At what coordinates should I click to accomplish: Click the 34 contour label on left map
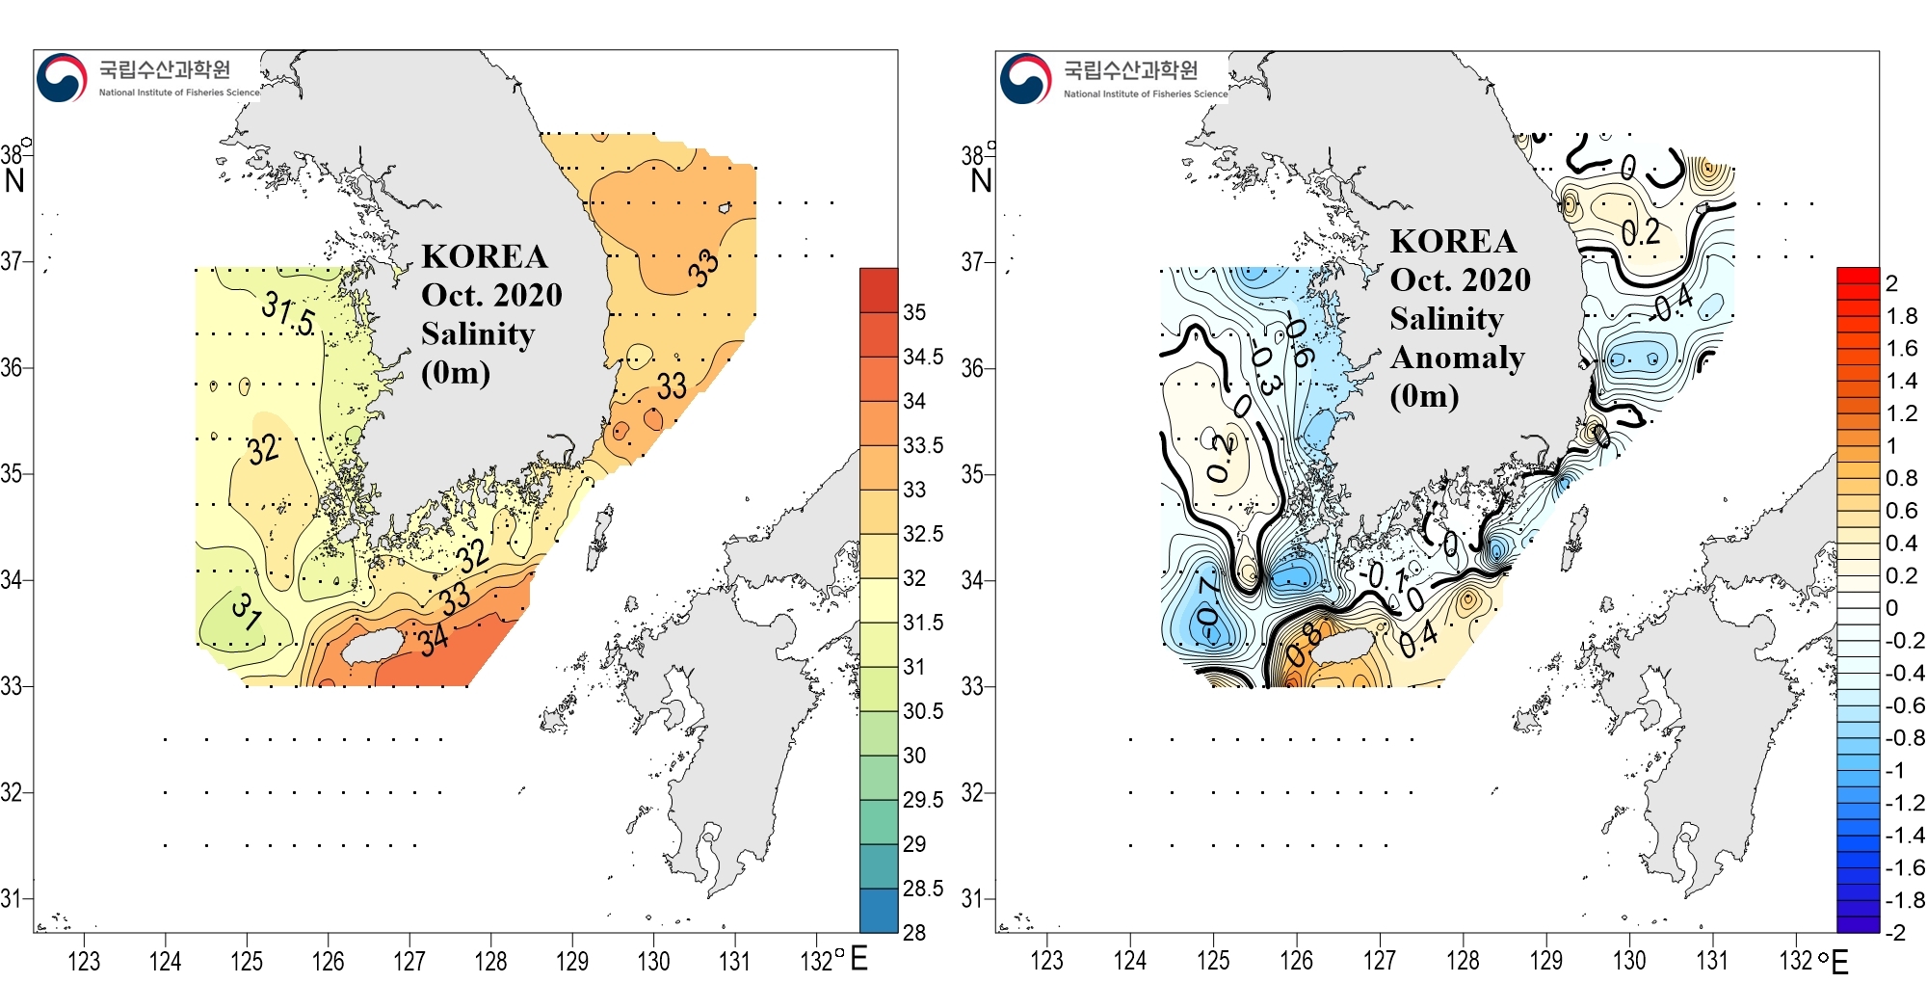coord(434,638)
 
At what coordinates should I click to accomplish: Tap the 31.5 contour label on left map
coord(288,314)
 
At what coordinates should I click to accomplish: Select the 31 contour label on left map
coord(247,611)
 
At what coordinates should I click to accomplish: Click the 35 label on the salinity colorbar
coord(914,312)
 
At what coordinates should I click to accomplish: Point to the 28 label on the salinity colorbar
coord(913,932)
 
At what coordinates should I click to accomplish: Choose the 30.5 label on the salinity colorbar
coord(922,711)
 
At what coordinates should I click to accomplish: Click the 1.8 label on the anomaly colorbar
coord(1901,316)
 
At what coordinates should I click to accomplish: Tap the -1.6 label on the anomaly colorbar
coord(1904,867)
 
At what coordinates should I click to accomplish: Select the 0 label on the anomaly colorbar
coord(1891,608)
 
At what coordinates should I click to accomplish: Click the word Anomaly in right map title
coord(1457,358)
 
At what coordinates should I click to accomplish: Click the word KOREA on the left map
coord(484,256)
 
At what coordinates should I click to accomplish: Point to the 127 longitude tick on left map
coord(409,961)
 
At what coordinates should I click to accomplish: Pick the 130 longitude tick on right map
coord(1629,961)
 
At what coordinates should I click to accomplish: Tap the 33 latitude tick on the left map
coord(12,686)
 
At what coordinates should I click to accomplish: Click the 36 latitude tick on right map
coord(972,368)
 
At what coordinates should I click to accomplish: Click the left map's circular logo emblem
coord(62,78)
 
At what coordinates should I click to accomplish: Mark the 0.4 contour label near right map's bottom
coord(1418,638)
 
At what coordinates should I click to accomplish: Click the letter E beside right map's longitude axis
coord(1839,962)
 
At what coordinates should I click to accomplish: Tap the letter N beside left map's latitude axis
coord(14,180)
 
